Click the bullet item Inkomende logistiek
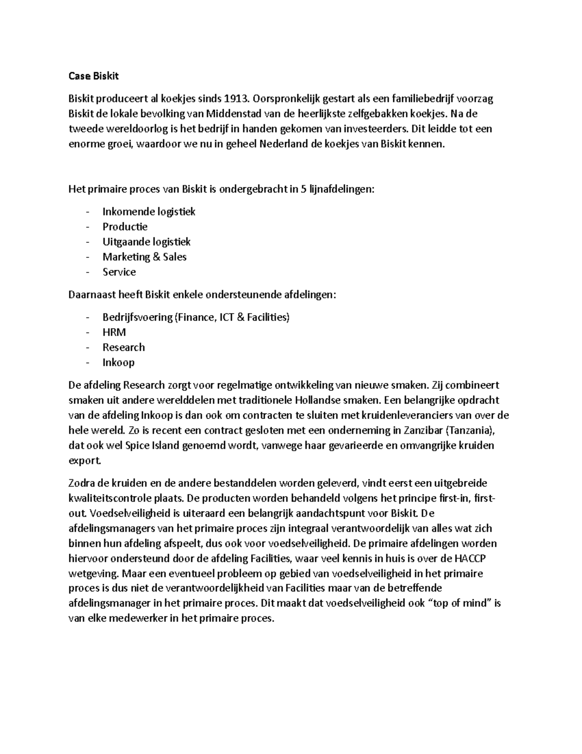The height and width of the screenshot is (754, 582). [149, 212]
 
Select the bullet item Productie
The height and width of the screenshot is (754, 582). [125, 227]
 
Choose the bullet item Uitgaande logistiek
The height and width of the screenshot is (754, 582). [146, 242]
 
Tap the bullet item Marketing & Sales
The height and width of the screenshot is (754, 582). [145, 257]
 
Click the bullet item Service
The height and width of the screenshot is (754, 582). [119, 272]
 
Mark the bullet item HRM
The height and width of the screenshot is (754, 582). [114, 332]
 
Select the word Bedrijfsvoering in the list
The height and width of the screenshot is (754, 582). [138, 317]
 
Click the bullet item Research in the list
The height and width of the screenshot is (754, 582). [124, 347]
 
